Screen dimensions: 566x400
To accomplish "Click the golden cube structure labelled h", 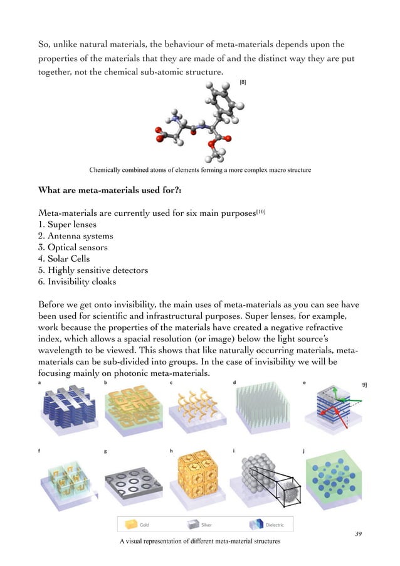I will point(195,474).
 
